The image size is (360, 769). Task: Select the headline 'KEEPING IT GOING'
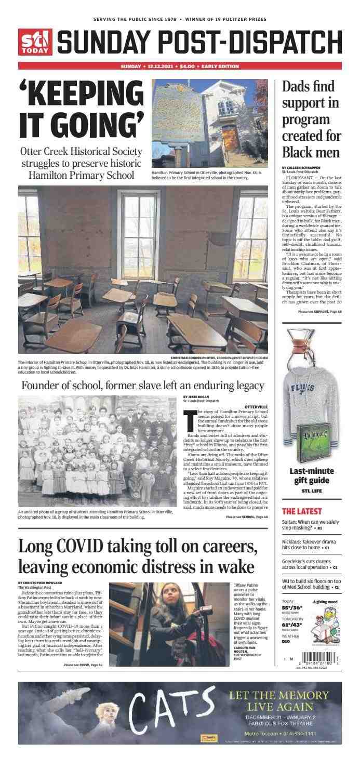point(81,110)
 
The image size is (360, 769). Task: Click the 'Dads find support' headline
point(311,120)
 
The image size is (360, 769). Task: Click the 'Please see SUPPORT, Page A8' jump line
point(319,311)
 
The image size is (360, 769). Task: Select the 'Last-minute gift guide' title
point(311,476)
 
